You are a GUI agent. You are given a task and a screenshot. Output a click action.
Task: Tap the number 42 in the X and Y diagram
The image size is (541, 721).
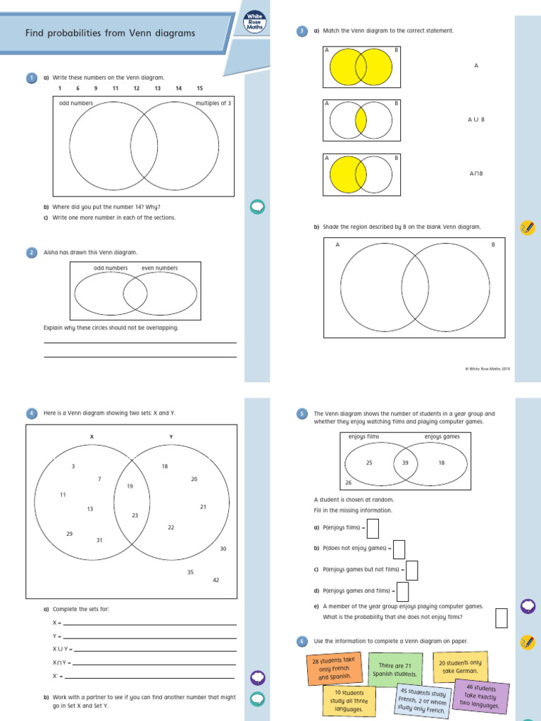[x=216, y=579]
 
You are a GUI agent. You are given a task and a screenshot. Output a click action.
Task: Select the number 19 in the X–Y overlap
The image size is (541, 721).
[x=130, y=487]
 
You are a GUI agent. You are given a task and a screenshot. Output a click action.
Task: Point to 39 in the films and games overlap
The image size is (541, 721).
[x=405, y=463]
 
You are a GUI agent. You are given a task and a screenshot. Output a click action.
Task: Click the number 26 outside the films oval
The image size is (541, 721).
[x=348, y=483]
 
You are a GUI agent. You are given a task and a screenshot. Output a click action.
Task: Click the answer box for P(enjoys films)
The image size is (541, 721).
[x=373, y=527]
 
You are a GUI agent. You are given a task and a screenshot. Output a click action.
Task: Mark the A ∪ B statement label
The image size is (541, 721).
[x=476, y=120]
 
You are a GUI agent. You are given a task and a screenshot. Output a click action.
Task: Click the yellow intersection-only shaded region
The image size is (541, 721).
[x=361, y=120]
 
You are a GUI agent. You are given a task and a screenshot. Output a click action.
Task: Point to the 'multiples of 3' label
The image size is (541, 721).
[x=213, y=104]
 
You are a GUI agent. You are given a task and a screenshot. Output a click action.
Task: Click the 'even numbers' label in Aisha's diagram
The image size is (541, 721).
[x=159, y=268]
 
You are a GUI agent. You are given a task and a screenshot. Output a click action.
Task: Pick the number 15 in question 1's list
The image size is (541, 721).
[x=200, y=88]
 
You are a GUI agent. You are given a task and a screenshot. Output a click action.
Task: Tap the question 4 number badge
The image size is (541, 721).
[x=31, y=414]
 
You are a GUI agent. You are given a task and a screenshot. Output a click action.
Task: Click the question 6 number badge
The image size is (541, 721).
[x=302, y=641]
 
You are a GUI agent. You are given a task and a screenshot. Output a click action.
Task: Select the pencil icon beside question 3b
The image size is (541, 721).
[x=526, y=227]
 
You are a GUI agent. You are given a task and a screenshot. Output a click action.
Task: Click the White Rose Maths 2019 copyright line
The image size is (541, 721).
[x=489, y=368]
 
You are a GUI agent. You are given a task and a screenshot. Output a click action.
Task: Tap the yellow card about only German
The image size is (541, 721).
[x=460, y=667]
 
